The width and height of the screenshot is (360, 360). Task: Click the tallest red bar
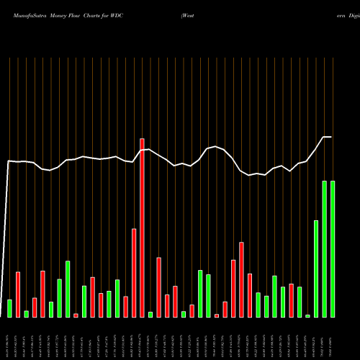[142, 227]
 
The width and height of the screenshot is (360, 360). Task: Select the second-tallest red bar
[134, 272]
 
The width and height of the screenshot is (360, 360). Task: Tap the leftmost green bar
[10, 308]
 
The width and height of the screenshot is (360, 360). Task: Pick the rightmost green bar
[333, 248]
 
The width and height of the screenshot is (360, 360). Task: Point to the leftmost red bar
[18, 294]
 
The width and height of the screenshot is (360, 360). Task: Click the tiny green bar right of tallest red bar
[150, 314]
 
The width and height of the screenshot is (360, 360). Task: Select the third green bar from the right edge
[316, 268]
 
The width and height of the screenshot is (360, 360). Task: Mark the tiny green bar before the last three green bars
[307, 315]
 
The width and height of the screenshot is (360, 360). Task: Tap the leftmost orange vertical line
[10, 144]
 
